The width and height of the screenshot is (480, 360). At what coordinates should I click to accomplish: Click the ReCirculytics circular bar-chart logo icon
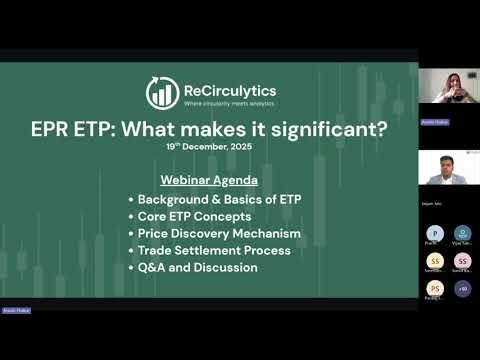(x=162, y=92)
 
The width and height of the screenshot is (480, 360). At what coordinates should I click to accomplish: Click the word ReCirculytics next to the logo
(x=229, y=90)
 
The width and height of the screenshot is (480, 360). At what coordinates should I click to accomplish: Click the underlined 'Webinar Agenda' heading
(x=208, y=180)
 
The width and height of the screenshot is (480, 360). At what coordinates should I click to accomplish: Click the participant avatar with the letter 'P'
(x=435, y=233)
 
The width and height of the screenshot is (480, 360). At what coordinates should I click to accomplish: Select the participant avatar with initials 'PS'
(x=435, y=288)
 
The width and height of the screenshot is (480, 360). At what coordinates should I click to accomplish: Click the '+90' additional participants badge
(x=462, y=288)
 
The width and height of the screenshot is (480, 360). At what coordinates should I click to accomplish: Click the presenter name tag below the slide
(x=16, y=310)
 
